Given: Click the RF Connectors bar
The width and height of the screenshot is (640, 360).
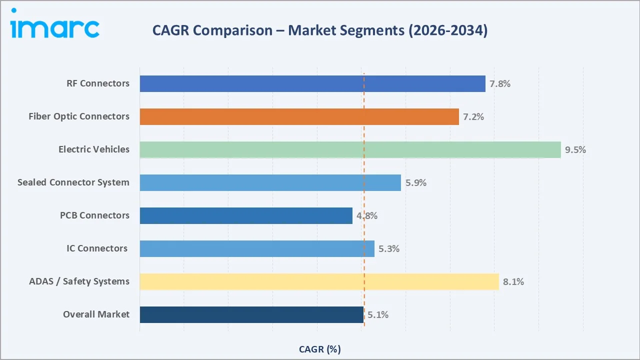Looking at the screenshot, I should pos(312,83).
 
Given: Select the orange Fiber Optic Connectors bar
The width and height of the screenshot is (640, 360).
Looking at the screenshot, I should pos(299,116).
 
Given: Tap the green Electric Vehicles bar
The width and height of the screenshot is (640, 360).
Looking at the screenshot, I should pos(350,149).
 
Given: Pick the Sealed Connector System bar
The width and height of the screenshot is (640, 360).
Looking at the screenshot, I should pos(270,182).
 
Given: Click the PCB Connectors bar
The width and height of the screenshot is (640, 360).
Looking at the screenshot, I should pos(246,215).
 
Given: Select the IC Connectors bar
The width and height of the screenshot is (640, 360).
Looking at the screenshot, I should pos(257,248).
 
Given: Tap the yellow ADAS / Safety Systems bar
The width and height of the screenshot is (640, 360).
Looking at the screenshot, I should pos(319,281).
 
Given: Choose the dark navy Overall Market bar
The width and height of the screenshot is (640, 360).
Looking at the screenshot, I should pos(251,314).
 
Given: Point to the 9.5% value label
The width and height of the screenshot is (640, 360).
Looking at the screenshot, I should pos(575,149).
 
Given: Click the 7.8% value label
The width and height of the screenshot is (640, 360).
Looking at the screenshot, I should pos(500,83).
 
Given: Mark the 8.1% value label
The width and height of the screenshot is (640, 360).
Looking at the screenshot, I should pos(513,281).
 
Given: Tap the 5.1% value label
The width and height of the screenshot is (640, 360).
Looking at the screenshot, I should pos(378,314).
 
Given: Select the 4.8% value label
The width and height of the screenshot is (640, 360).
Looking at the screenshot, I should pos(367,215).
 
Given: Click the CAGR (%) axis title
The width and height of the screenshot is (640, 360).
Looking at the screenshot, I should pos(320,349).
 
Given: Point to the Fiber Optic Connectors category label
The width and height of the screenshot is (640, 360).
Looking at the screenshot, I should pos(79,116).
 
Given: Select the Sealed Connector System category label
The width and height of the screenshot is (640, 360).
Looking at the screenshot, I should pos(73,182).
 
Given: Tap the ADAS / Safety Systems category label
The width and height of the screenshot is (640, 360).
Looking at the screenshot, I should pos(79,281).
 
